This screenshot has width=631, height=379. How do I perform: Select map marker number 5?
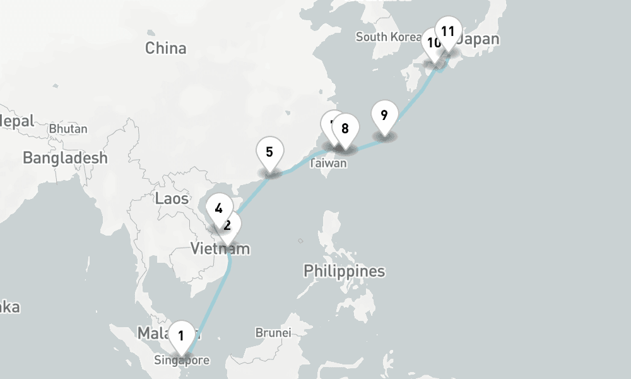click(269, 152)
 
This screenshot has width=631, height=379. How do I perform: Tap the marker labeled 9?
click(384, 115)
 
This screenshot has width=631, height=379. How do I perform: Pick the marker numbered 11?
click(448, 31)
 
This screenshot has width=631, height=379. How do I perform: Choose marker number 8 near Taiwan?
click(345, 129)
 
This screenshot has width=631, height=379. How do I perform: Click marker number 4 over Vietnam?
click(218, 208)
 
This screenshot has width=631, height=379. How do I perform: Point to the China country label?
click(165, 48)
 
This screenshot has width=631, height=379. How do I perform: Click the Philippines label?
click(344, 272)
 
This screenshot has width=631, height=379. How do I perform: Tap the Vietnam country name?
click(220, 249)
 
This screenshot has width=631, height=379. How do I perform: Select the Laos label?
click(172, 199)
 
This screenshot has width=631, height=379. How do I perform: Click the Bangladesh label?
click(65, 158)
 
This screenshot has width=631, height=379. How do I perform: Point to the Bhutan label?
click(68, 129)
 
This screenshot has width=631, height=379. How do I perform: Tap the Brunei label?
click(273, 332)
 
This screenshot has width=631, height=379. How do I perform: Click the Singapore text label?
click(181, 361)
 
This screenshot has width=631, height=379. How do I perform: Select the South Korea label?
click(387, 37)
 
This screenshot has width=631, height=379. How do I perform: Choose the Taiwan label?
click(328, 164)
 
